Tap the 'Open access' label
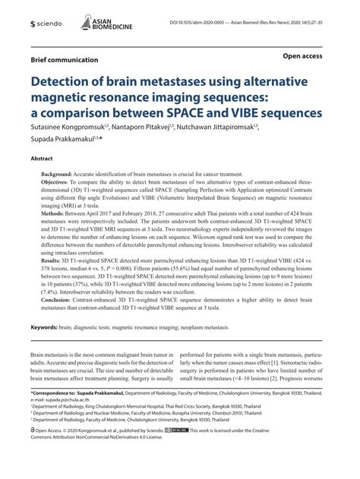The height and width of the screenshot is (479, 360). [305, 56]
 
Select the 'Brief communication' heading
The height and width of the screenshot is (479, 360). [64, 59]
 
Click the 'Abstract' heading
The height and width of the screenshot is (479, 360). [41, 160]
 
